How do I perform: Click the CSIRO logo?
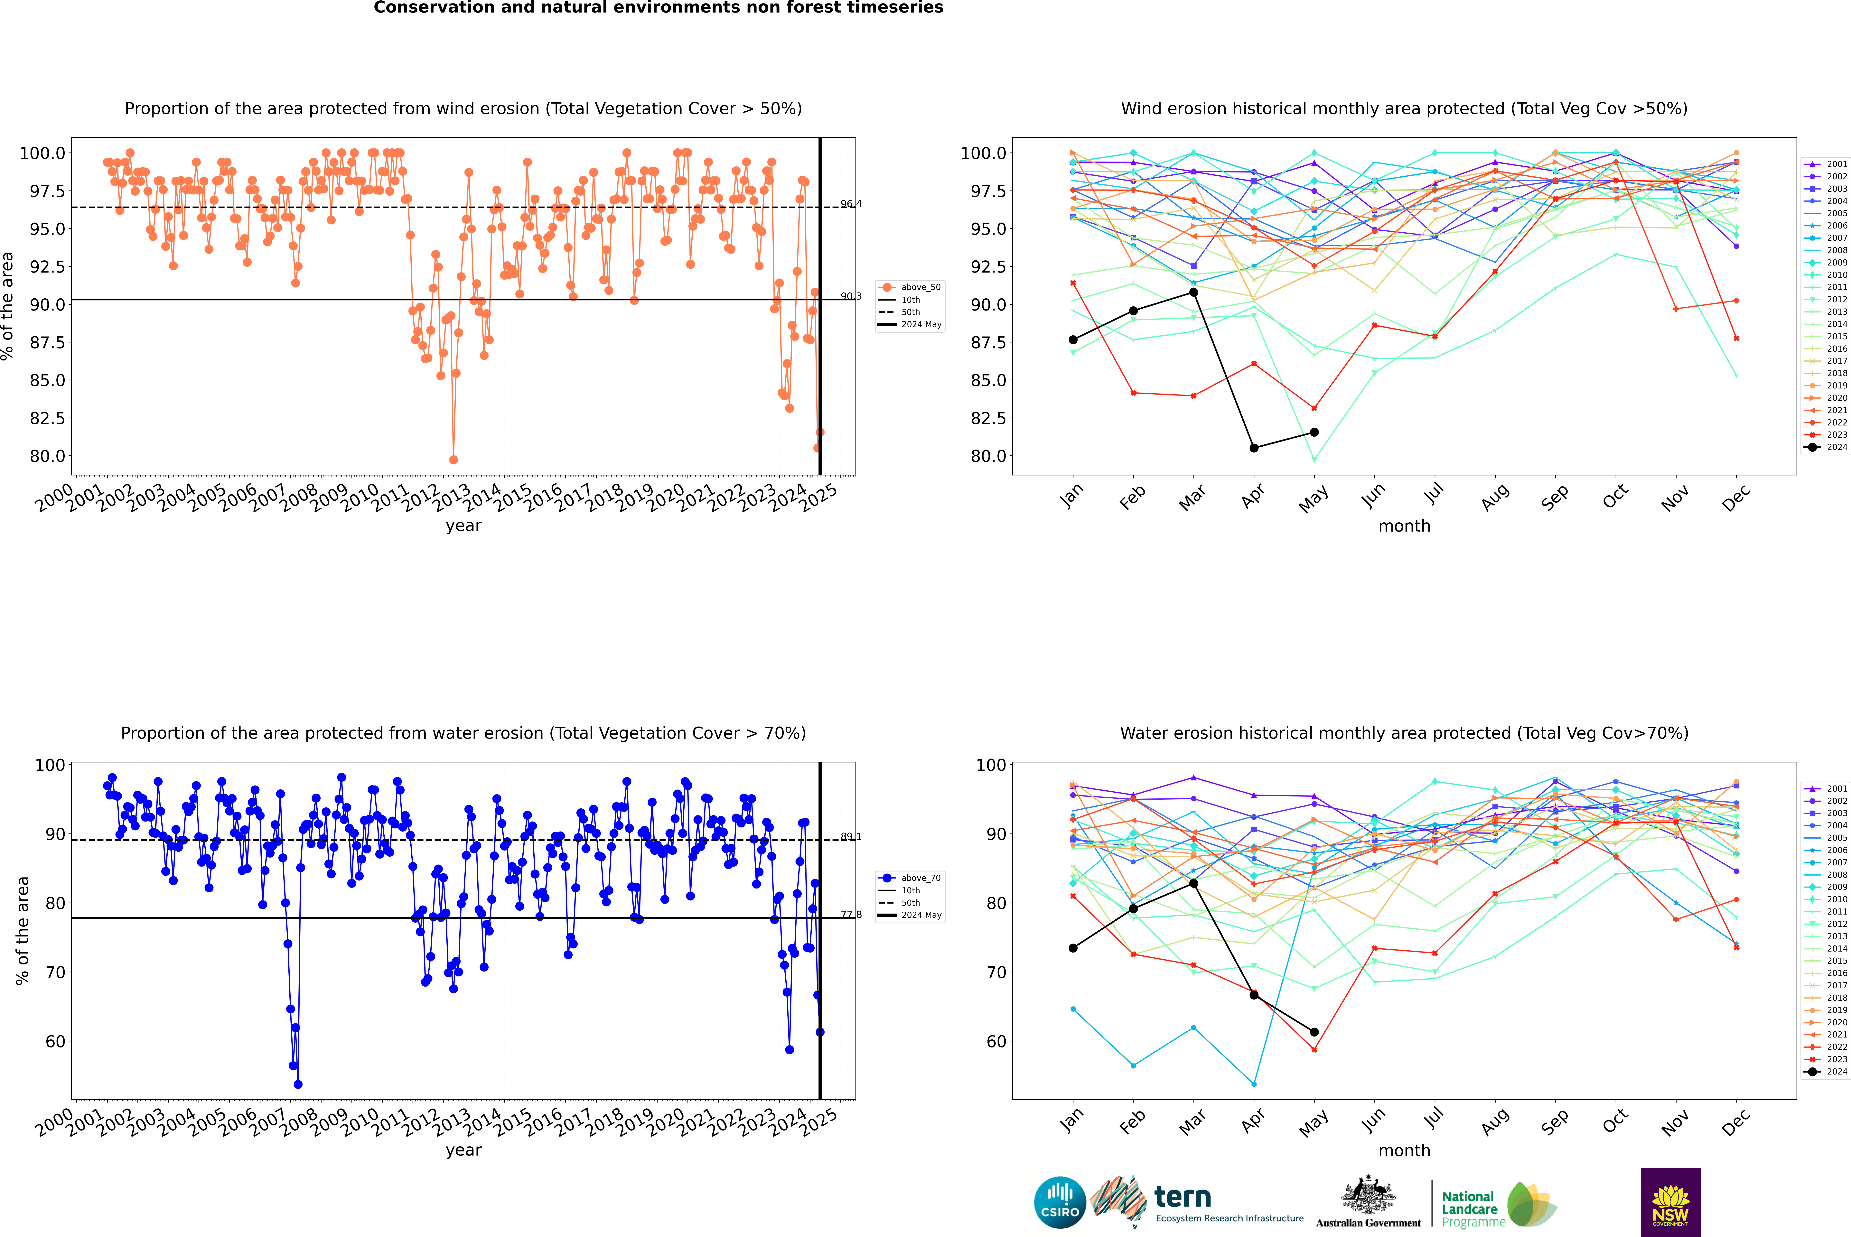click(x=1060, y=1202)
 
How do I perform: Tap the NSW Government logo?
click(x=1670, y=1202)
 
